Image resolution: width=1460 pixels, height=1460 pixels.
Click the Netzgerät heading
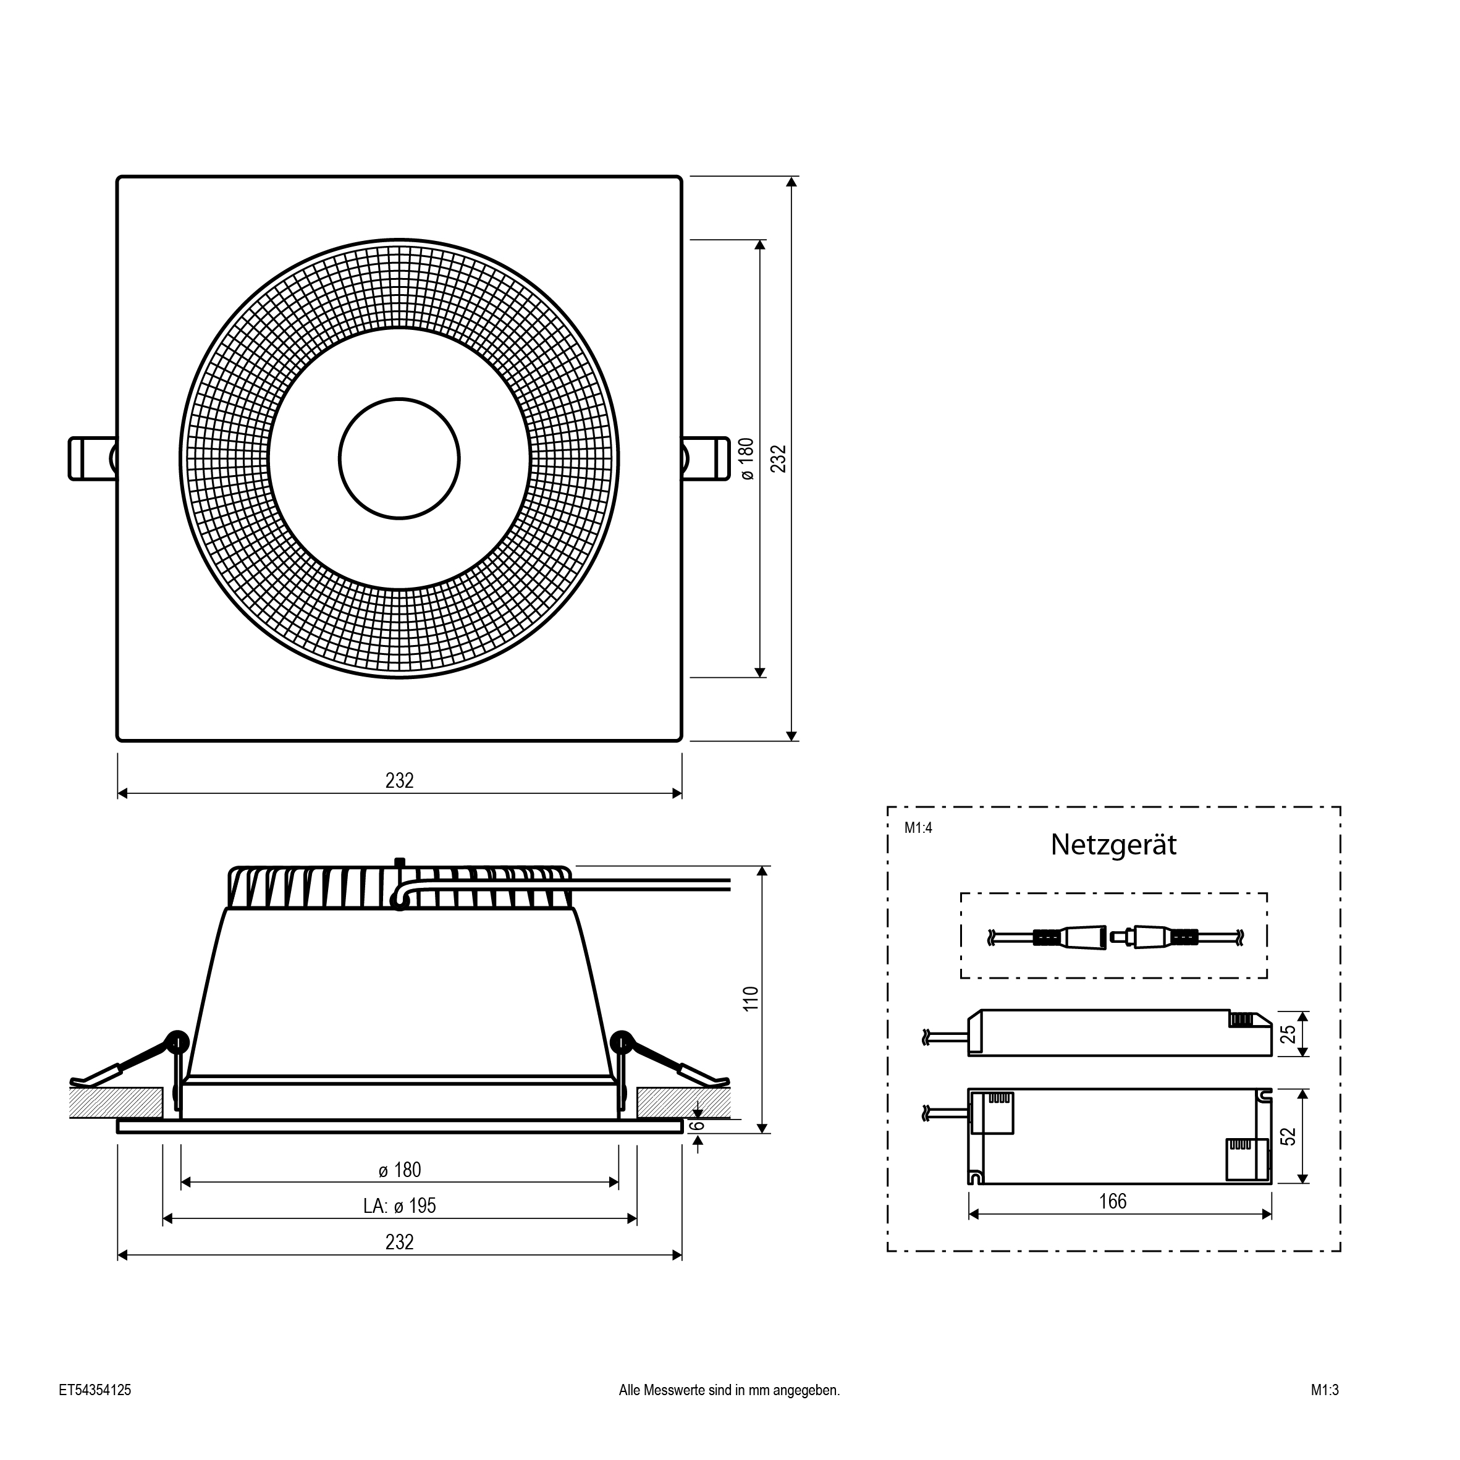[1113, 845]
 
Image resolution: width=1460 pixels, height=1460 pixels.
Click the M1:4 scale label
[918, 829]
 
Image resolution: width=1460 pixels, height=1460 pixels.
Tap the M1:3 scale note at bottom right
[1325, 1390]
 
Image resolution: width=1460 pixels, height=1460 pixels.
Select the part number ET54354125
[95, 1390]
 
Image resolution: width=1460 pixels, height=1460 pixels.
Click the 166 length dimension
[1112, 1202]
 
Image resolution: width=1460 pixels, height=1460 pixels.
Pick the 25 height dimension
[1289, 1034]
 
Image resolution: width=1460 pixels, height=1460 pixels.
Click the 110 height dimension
[751, 999]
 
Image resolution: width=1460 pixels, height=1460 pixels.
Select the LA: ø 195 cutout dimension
[399, 1206]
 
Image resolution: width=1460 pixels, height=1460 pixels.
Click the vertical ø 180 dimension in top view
[746, 458]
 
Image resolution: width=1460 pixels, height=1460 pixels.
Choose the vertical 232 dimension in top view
[779, 458]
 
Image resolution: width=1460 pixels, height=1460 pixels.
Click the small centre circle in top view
[399, 458]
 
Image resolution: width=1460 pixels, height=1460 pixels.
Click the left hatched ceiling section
[116, 1103]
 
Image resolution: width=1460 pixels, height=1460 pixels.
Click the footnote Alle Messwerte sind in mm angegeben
[729, 1390]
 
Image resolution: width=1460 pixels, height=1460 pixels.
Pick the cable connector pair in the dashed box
[1114, 938]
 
